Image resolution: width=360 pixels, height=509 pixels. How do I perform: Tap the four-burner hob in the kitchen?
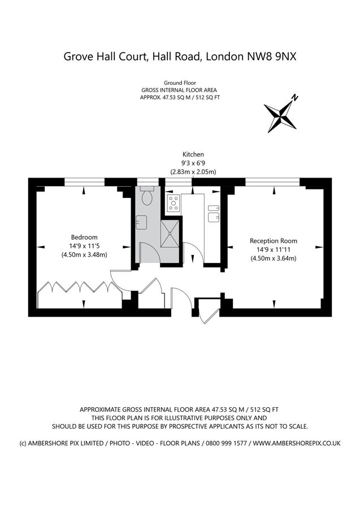(x=173, y=203)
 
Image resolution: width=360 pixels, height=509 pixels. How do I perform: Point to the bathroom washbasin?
(x=141, y=222)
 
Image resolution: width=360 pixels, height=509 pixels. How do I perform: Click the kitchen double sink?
(x=212, y=215)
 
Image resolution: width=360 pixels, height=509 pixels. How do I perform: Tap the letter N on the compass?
(x=294, y=98)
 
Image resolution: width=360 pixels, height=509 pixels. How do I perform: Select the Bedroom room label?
(x=84, y=237)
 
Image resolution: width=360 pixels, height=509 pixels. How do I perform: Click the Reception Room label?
(x=273, y=240)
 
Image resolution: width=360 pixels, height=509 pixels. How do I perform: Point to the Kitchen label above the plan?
(x=193, y=154)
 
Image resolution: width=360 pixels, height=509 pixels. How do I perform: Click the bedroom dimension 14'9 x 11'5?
(x=84, y=245)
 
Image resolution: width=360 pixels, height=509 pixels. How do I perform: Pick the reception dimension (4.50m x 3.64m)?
(x=273, y=258)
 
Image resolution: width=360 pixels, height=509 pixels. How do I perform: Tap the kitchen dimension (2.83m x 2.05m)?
(x=193, y=171)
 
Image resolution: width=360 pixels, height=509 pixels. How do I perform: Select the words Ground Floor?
(x=179, y=83)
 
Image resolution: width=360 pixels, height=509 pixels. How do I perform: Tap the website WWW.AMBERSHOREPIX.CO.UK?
(x=297, y=443)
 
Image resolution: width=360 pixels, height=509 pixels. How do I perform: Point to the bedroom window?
(x=84, y=182)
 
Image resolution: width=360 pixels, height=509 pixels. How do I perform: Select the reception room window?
(x=272, y=182)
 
